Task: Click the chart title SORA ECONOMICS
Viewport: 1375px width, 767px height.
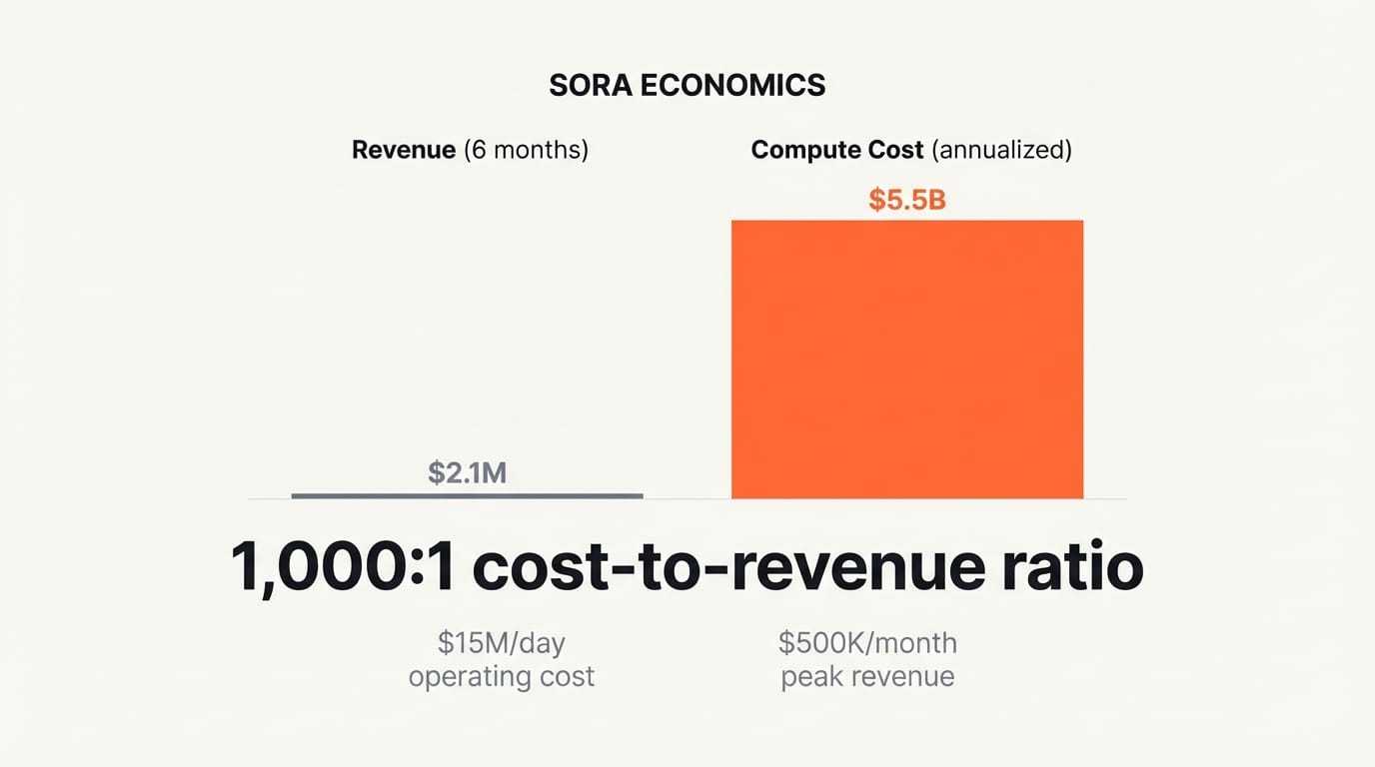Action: pos(687,86)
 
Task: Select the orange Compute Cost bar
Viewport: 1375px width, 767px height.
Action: pos(906,359)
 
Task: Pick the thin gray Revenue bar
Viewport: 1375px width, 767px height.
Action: pos(467,495)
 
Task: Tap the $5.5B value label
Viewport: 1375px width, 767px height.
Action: pos(906,200)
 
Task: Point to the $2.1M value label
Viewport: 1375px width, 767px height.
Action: pos(467,472)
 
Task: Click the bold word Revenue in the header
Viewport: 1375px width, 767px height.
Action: pos(403,150)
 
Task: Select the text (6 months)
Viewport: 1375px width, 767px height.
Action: pos(527,150)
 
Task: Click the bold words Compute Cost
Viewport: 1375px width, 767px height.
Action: pos(836,150)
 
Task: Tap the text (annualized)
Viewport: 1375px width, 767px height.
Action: pos(1001,150)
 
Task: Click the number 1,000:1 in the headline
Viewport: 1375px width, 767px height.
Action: pos(343,567)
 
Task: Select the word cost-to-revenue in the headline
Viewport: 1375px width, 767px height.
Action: pos(724,567)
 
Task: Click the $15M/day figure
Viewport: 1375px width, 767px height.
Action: pos(501,643)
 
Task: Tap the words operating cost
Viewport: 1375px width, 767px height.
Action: pos(501,677)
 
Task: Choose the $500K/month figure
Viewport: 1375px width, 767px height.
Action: pos(867,643)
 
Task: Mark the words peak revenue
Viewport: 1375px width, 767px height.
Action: pos(867,677)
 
